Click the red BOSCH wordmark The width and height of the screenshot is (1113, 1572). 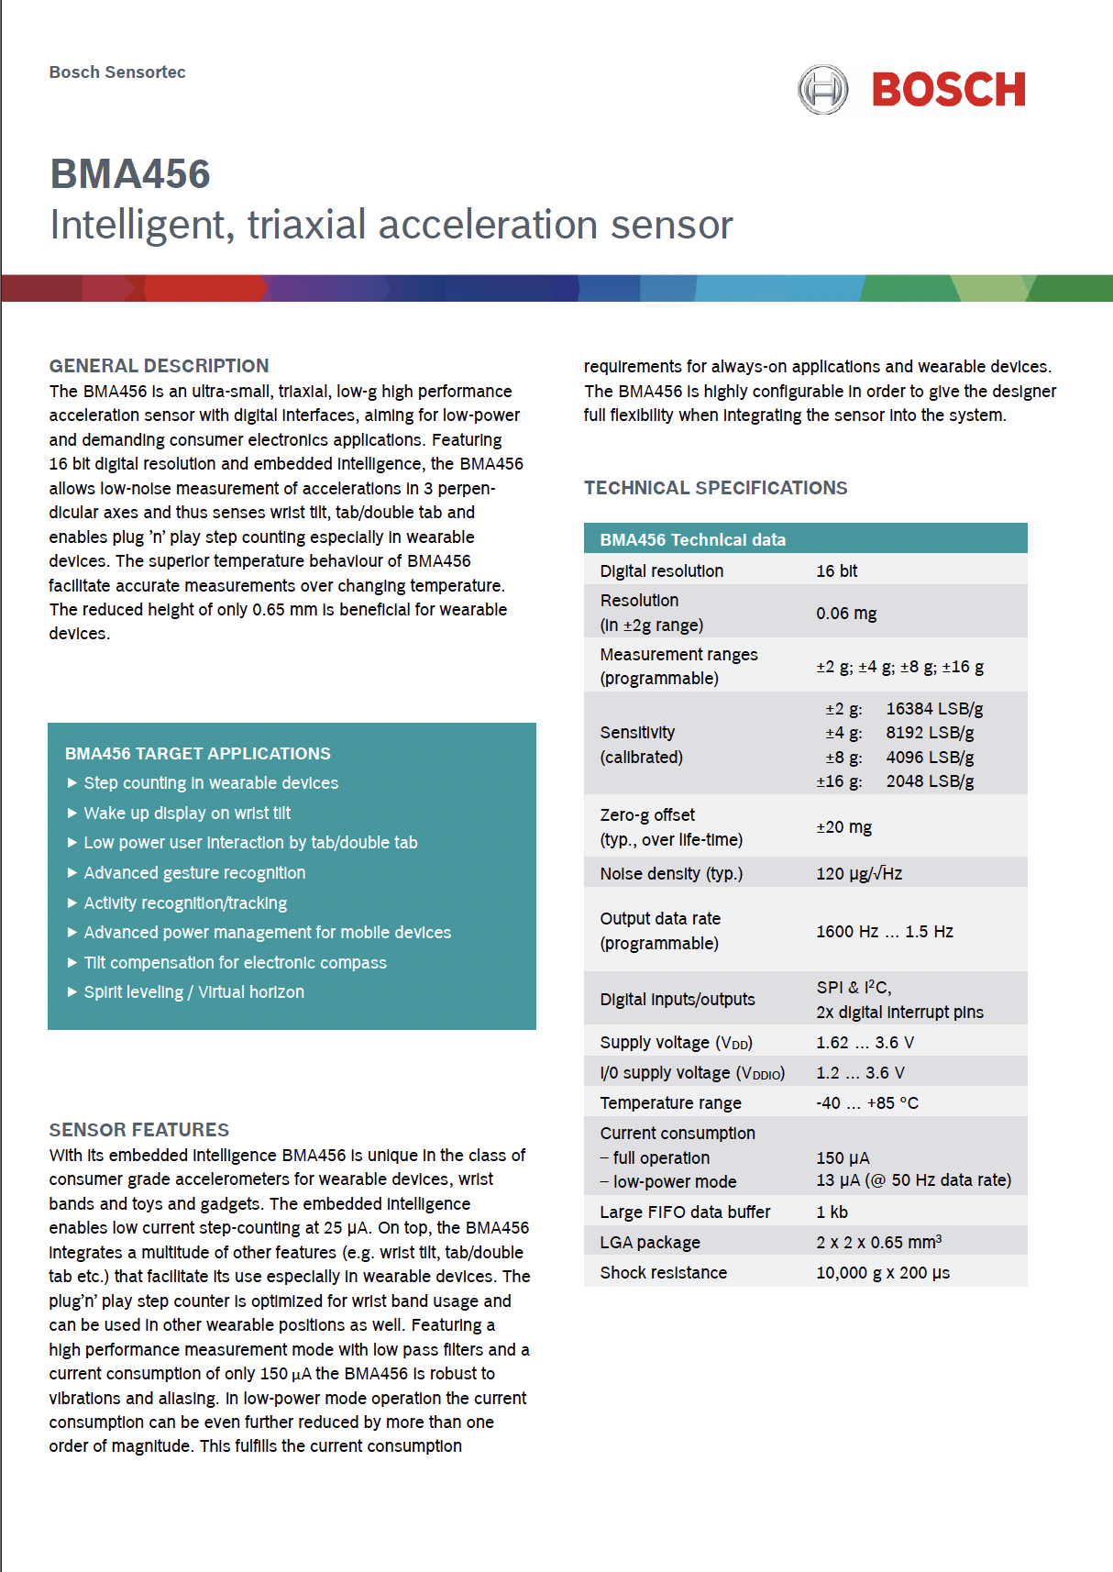[948, 90]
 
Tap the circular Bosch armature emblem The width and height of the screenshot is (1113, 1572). [822, 90]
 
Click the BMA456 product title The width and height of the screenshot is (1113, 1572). [130, 174]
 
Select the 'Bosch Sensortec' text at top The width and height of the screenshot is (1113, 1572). [117, 72]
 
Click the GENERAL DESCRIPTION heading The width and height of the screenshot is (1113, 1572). [159, 366]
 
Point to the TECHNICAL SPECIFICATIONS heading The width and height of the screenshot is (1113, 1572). [715, 488]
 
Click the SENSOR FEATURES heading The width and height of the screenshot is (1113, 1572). [139, 1130]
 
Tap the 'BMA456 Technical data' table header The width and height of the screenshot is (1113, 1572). [692, 539]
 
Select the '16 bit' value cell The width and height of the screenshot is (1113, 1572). [836, 570]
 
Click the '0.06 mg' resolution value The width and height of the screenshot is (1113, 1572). [846, 613]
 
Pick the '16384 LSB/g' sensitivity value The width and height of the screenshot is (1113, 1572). [934, 709]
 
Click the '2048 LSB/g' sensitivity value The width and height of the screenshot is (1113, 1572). [930, 781]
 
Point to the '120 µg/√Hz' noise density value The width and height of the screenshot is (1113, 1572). [859, 873]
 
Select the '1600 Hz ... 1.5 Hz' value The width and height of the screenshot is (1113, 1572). [884, 932]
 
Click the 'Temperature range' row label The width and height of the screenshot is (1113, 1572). [670, 1102]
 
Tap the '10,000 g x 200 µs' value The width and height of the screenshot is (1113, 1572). [882, 1272]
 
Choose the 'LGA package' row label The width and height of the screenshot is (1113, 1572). [650, 1242]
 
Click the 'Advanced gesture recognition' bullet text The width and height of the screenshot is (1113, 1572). [194, 873]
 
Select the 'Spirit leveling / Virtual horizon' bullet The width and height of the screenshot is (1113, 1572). [193, 992]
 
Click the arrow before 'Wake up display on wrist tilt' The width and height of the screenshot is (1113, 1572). [72, 813]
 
